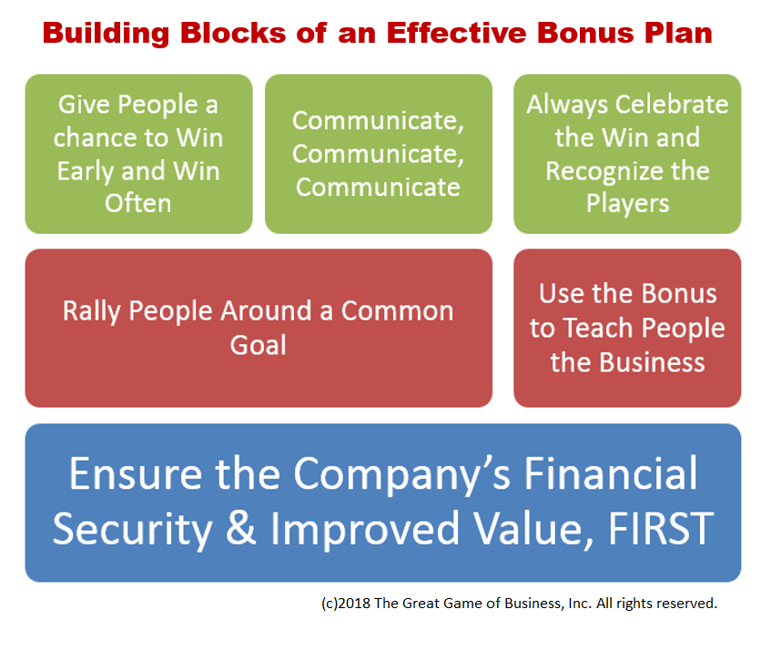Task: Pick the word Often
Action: click(138, 203)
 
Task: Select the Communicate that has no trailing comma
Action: click(378, 187)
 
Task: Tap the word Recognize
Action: click(627, 170)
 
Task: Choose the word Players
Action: click(627, 203)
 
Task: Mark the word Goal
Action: click(258, 344)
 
